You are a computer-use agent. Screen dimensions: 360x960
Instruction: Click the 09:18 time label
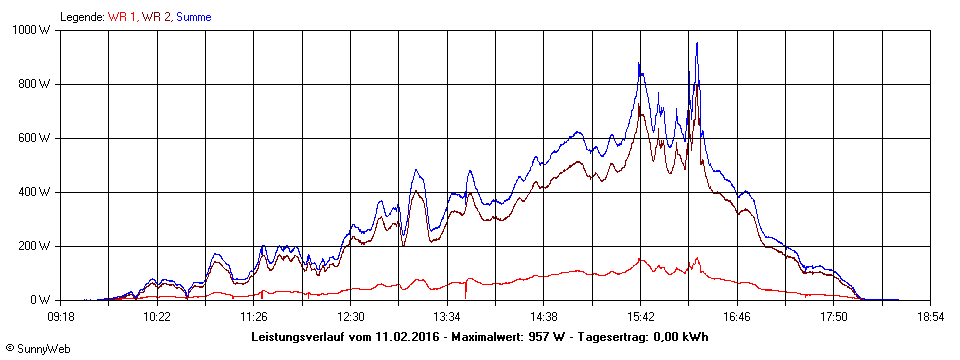[61, 316]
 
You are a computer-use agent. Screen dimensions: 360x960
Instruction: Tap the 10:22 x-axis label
[157, 316]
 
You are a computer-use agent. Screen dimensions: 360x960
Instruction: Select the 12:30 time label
[351, 316]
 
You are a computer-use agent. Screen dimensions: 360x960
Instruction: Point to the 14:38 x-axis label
[544, 316]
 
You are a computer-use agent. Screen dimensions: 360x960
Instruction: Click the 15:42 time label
[641, 316]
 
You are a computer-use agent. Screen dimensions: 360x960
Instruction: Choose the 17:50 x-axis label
[834, 316]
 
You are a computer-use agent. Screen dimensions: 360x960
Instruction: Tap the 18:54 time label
[931, 316]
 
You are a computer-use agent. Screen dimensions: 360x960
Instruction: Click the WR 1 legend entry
[123, 17]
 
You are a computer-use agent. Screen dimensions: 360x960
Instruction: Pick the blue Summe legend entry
[194, 17]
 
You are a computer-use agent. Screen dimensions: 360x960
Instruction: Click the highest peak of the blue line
[697, 44]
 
